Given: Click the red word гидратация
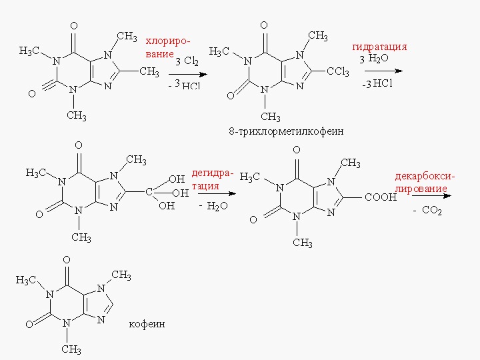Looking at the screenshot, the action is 379,47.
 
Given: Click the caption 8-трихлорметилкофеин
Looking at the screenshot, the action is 286,131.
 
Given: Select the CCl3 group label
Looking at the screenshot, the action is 337,72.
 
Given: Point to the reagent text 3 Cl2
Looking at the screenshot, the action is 187,61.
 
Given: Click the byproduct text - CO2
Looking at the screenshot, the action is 427,211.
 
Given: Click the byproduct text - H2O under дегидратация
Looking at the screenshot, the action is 213,206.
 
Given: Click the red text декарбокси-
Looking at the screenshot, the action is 424,177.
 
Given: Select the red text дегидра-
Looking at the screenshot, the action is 212,174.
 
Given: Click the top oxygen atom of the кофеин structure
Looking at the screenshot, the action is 66,259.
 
